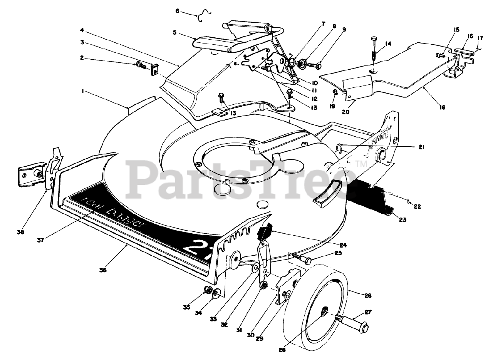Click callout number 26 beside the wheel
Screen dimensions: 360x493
pyautogui.click(x=368, y=296)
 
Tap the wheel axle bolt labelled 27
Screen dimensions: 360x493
pyautogui.click(x=352, y=323)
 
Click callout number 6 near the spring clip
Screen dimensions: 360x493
pyautogui.click(x=178, y=11)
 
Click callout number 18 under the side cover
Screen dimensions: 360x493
pyautogui.click(x=442, y=108)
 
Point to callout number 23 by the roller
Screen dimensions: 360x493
pyautogui.click(x=402, y=220)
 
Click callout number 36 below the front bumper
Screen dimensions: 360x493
pyautogui.click(x=102, y=270)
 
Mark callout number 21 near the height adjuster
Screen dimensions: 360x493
pyautogui.click(x=421, y=147)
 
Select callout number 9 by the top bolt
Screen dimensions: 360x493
pyautogui.click(x=344, y=28)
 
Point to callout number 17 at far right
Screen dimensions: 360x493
pyautogui.click(x=480, y=38)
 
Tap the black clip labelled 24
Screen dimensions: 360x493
pyautogui.click(x=265, y=232)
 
